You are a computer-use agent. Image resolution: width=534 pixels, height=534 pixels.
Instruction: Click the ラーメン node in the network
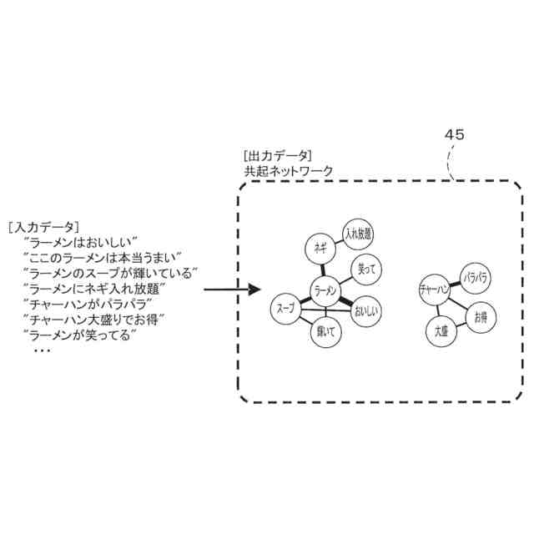coord(326,290)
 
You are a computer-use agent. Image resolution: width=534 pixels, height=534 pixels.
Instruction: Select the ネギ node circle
coord(320,247)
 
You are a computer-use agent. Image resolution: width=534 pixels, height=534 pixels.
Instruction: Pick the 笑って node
coord(367,269)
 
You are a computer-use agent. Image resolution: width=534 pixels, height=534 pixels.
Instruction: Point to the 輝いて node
coord(325,331)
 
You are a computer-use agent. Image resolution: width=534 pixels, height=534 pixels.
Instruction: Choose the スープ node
coord(285,309)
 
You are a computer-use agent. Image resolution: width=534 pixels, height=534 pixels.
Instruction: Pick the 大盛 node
coord(442,331)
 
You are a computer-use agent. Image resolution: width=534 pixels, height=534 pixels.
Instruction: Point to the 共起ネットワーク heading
coord(288,170)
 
